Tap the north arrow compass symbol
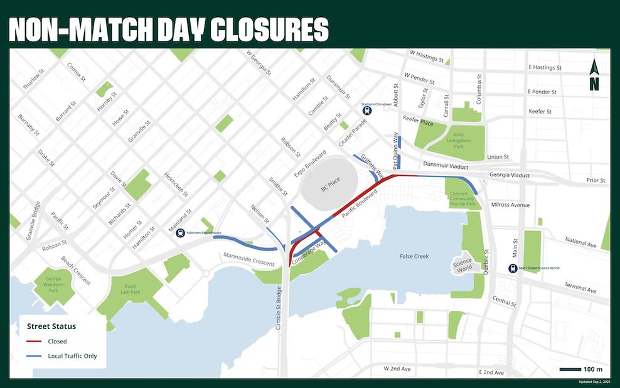(594, 75)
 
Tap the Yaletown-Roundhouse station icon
(181, 232)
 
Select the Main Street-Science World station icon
(513, 268)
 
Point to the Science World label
(464, 266)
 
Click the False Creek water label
(414, 256)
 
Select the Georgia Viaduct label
(510, 176)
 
